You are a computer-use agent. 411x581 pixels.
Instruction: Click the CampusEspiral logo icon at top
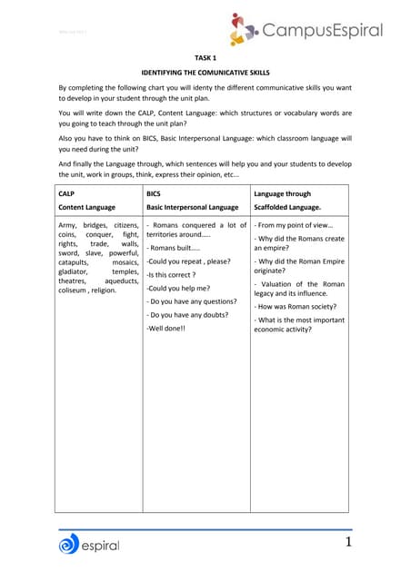click(246, 28)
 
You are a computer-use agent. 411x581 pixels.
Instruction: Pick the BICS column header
click(155, 193)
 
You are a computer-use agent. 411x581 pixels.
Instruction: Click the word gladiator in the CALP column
click(75, 271)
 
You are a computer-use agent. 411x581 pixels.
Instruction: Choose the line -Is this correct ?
click(171, 274)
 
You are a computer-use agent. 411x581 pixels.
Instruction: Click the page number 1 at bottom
click(346, 543)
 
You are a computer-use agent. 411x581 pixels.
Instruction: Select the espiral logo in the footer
click(88, 545)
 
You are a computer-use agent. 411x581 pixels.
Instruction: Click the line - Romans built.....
click(173, 248)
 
